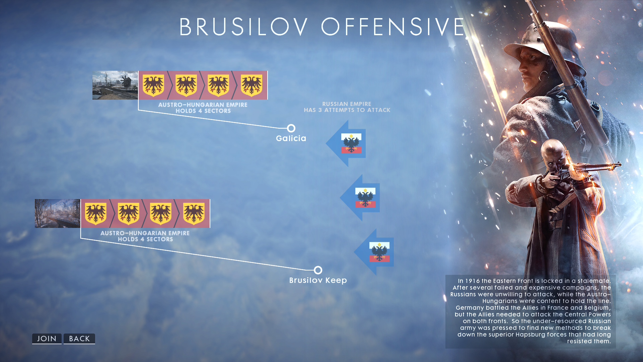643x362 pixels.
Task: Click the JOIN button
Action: coord(47,339)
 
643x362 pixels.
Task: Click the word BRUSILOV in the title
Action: coord(243,27)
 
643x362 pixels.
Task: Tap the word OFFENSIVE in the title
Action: coord(393,27)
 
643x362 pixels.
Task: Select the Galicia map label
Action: coord(291,138)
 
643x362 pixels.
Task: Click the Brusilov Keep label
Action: coord(318,280)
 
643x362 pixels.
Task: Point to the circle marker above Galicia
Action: coord(291,128)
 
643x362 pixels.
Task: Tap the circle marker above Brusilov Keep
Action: coord(318,270)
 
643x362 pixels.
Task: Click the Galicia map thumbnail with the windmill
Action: coord(115,85)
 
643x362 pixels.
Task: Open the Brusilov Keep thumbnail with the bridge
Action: coord(57,214)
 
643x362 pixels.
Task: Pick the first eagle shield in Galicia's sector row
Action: coord(153,85)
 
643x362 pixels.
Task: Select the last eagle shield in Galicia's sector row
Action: coord(252,85)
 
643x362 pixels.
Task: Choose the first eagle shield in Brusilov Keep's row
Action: coord(96,214)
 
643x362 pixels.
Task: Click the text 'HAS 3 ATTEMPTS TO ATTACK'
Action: coord(347,110)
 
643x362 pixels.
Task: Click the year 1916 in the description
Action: coord(472,281)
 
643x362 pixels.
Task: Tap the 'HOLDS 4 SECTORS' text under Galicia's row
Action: coord(203,111)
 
